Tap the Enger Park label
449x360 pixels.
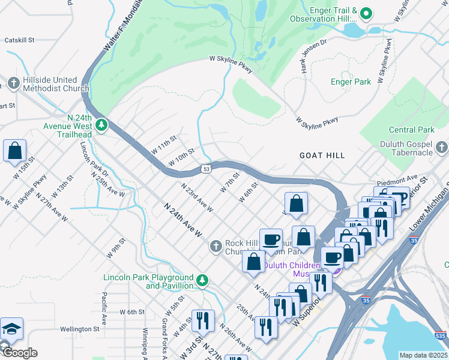click(351, 82)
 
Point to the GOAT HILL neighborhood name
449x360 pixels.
click(322, 155)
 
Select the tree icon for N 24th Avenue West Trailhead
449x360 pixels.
click(103, 124)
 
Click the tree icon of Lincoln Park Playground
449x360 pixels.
click(203, 280)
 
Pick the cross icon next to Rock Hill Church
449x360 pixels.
click(216, 247)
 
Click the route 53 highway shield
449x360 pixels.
click(206, 169)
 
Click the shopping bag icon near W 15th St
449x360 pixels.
click(14, 150)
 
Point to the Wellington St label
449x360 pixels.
click(80, 329)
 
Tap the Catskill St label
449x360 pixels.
click(19, 40)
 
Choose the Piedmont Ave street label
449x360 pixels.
click(397, 179)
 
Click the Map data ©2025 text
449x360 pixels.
click(423, 355)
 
